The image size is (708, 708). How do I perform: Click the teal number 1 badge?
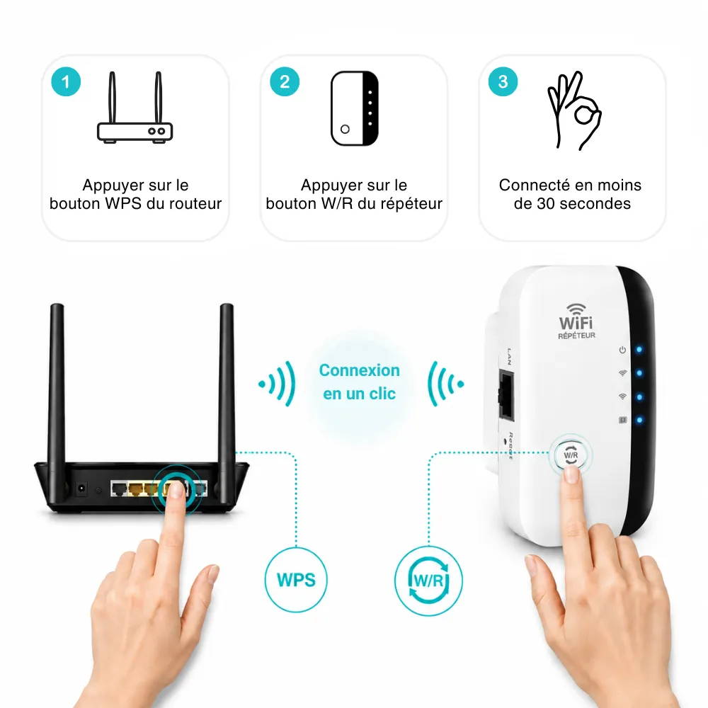(66, 81)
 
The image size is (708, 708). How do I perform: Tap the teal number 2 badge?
(285, 81)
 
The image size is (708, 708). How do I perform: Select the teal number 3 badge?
(503, 81)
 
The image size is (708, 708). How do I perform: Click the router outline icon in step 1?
(135, 108)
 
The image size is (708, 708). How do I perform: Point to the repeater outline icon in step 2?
(355, 108)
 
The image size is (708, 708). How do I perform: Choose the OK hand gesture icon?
(574, 110)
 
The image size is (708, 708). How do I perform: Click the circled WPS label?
(296, 580)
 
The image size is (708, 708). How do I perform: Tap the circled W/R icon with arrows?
(428, 581)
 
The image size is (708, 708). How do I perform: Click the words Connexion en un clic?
(360, 382)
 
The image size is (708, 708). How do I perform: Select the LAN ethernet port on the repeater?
(506, 395)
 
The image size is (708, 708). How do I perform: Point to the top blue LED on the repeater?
(639, 350)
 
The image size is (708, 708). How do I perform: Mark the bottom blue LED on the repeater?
(639, 421)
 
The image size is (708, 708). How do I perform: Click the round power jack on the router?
(81, 489)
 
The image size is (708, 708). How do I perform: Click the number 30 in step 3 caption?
(545, 204)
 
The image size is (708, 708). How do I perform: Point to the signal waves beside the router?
(278, 384)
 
